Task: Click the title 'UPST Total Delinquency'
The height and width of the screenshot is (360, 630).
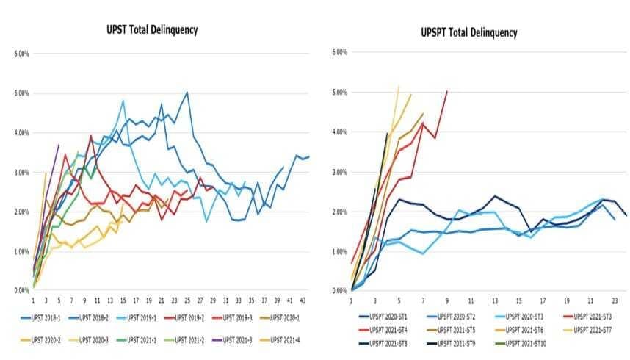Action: click(x=151, y=30)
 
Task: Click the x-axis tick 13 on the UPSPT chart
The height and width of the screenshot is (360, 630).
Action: click(x=495, y=300)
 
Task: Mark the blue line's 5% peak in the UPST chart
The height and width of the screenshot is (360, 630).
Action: click(x=188, y=93)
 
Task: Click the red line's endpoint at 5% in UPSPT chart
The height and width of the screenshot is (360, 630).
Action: click(x=447, y=91)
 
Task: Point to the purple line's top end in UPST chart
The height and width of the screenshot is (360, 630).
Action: click(x=59, y=145)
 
